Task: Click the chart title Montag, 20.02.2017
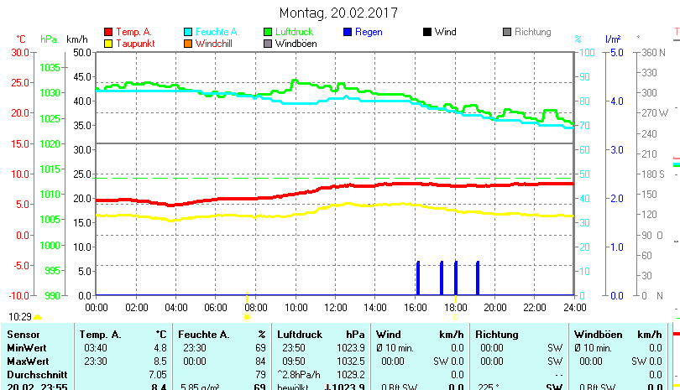pos(338,13)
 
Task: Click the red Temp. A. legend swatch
pos(107,32)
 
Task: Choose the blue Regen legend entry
pos(369,32)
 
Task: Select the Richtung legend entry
pos(532,32)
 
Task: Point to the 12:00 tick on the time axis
pos(335,306)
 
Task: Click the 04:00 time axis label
pos(175,306)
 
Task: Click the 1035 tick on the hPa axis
pos(50,67)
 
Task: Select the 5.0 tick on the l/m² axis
pos(616,52)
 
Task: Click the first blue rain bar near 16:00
pos(418,278)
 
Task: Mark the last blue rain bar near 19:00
pos(478,278)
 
